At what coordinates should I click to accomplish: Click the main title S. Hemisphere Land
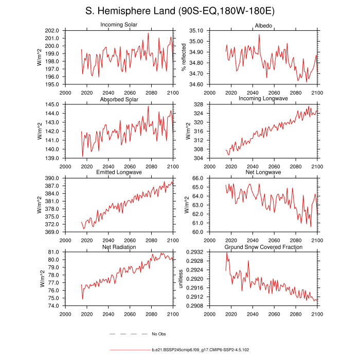(179, 11)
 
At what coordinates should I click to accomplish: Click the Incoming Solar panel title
(119, 25)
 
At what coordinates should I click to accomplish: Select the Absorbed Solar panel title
(119, 99)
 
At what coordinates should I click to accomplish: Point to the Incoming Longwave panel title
(263, 98)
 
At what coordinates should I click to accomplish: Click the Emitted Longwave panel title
(119, 172)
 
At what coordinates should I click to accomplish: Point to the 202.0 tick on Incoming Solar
(53, 31)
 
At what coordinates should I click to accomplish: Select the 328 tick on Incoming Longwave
(201, 104)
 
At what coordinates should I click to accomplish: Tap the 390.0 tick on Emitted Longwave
(53, 178)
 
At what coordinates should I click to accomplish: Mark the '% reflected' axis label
(184, 57)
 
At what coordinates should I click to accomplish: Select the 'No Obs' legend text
(158, 334)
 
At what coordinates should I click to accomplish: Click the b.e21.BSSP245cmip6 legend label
(201, 350)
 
